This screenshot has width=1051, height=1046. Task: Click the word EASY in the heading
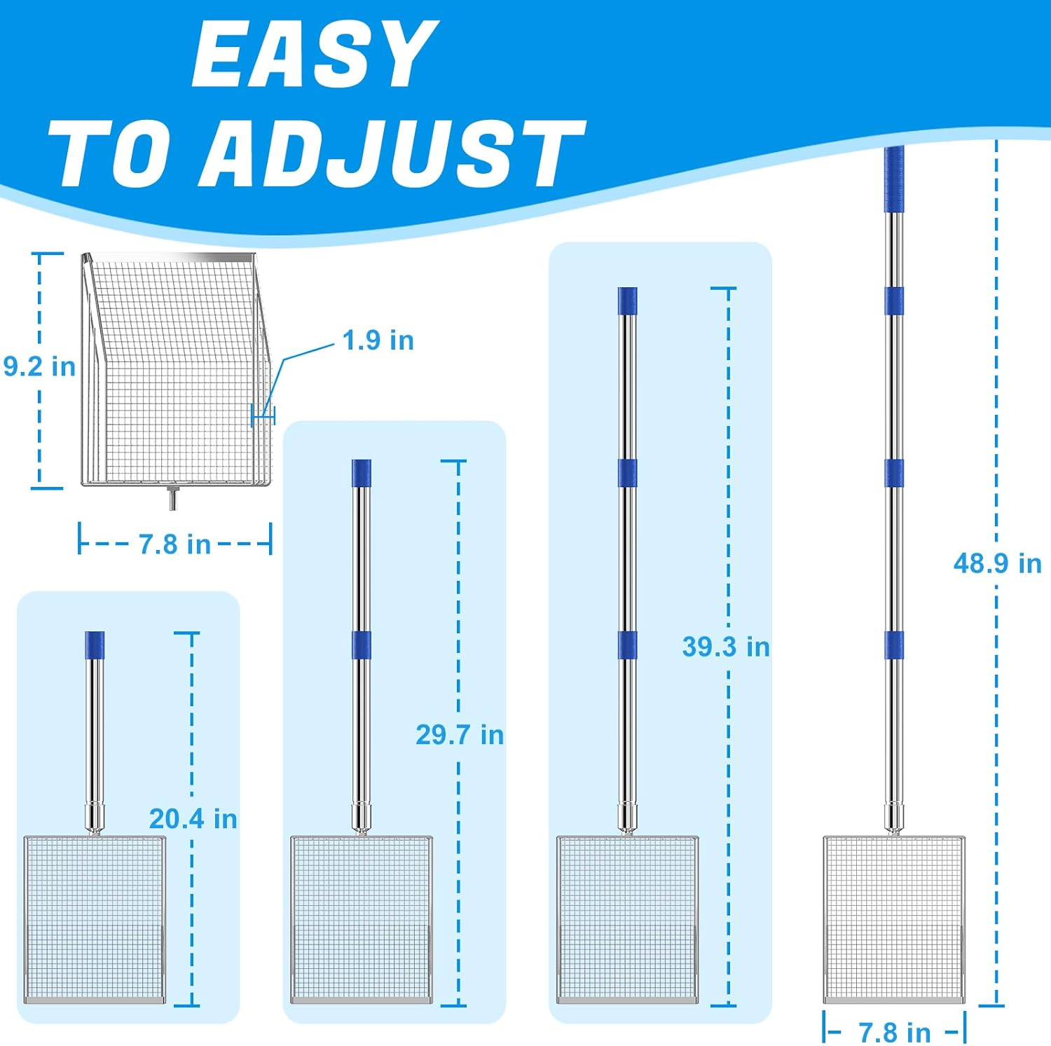pos(313,54)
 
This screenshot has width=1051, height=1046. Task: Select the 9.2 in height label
pos(39,366)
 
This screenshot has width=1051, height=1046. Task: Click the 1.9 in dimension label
pos(378,340)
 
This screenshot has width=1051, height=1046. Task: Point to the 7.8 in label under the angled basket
pos(174,544)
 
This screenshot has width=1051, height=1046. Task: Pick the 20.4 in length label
pos(193,818)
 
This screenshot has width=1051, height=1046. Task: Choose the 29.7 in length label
pos(460,734)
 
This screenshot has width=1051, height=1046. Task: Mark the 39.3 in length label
pos(726,646)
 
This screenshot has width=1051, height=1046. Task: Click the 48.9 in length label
pos(997,563)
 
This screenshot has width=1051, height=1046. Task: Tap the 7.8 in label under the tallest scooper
pos(895,1032)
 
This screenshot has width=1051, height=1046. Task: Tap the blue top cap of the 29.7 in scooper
pos(361,474)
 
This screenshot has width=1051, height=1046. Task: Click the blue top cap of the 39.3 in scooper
pos(627,301)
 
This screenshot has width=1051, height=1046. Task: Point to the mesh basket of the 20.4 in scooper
pos(95,919)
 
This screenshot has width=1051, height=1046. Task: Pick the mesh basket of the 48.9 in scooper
pos(893,919)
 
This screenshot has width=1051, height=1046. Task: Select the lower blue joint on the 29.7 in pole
pos(361,645)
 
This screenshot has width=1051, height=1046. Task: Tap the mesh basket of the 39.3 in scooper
pos(627,919)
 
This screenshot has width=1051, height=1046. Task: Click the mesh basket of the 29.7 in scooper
pos(361,919)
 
